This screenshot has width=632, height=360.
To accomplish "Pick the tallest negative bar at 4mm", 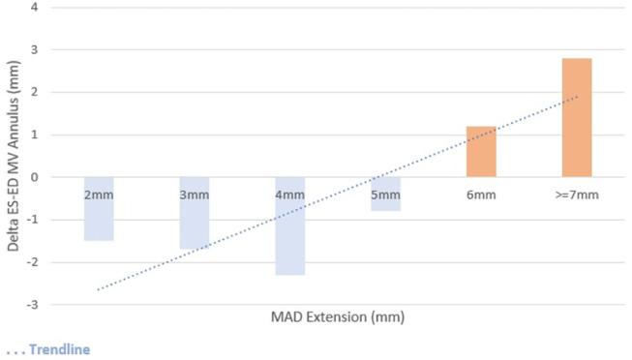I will [289, 242].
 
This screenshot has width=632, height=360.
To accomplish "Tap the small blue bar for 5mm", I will [385, 204].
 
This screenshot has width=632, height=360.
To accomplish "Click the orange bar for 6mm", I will [481, 152].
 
